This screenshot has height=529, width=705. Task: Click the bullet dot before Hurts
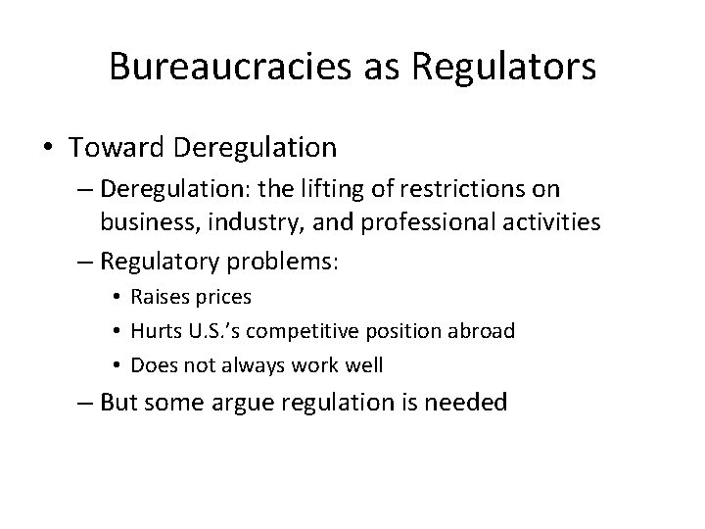coord(117,331)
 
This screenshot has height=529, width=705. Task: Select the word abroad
coord(481,330)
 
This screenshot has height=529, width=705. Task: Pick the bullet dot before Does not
coord(117,365)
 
